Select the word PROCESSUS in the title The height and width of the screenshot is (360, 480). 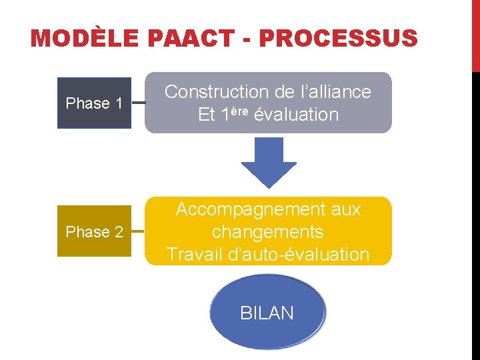pyautogui.click(x=338, y=39)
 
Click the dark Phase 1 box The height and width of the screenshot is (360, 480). pyautogui.click(x=93, y=103)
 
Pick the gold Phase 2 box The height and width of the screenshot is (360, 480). pyautogui.click(x=93, y=232)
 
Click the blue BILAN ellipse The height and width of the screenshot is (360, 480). pyautogui.click(x=267, y=313)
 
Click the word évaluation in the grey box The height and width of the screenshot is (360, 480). pyautogui.click(x=297, y=115)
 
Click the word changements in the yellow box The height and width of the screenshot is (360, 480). pyautogui.click(x=267, y=232)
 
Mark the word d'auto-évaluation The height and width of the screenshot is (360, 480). pyautogui.click(x=297, y=255)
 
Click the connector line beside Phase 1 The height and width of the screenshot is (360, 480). pyautogui.click(x=137, y=103)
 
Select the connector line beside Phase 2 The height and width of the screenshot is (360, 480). pyautogui.click(x=137, y=232)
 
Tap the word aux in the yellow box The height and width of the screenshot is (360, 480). pyautogui.click(x=346, y=209)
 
